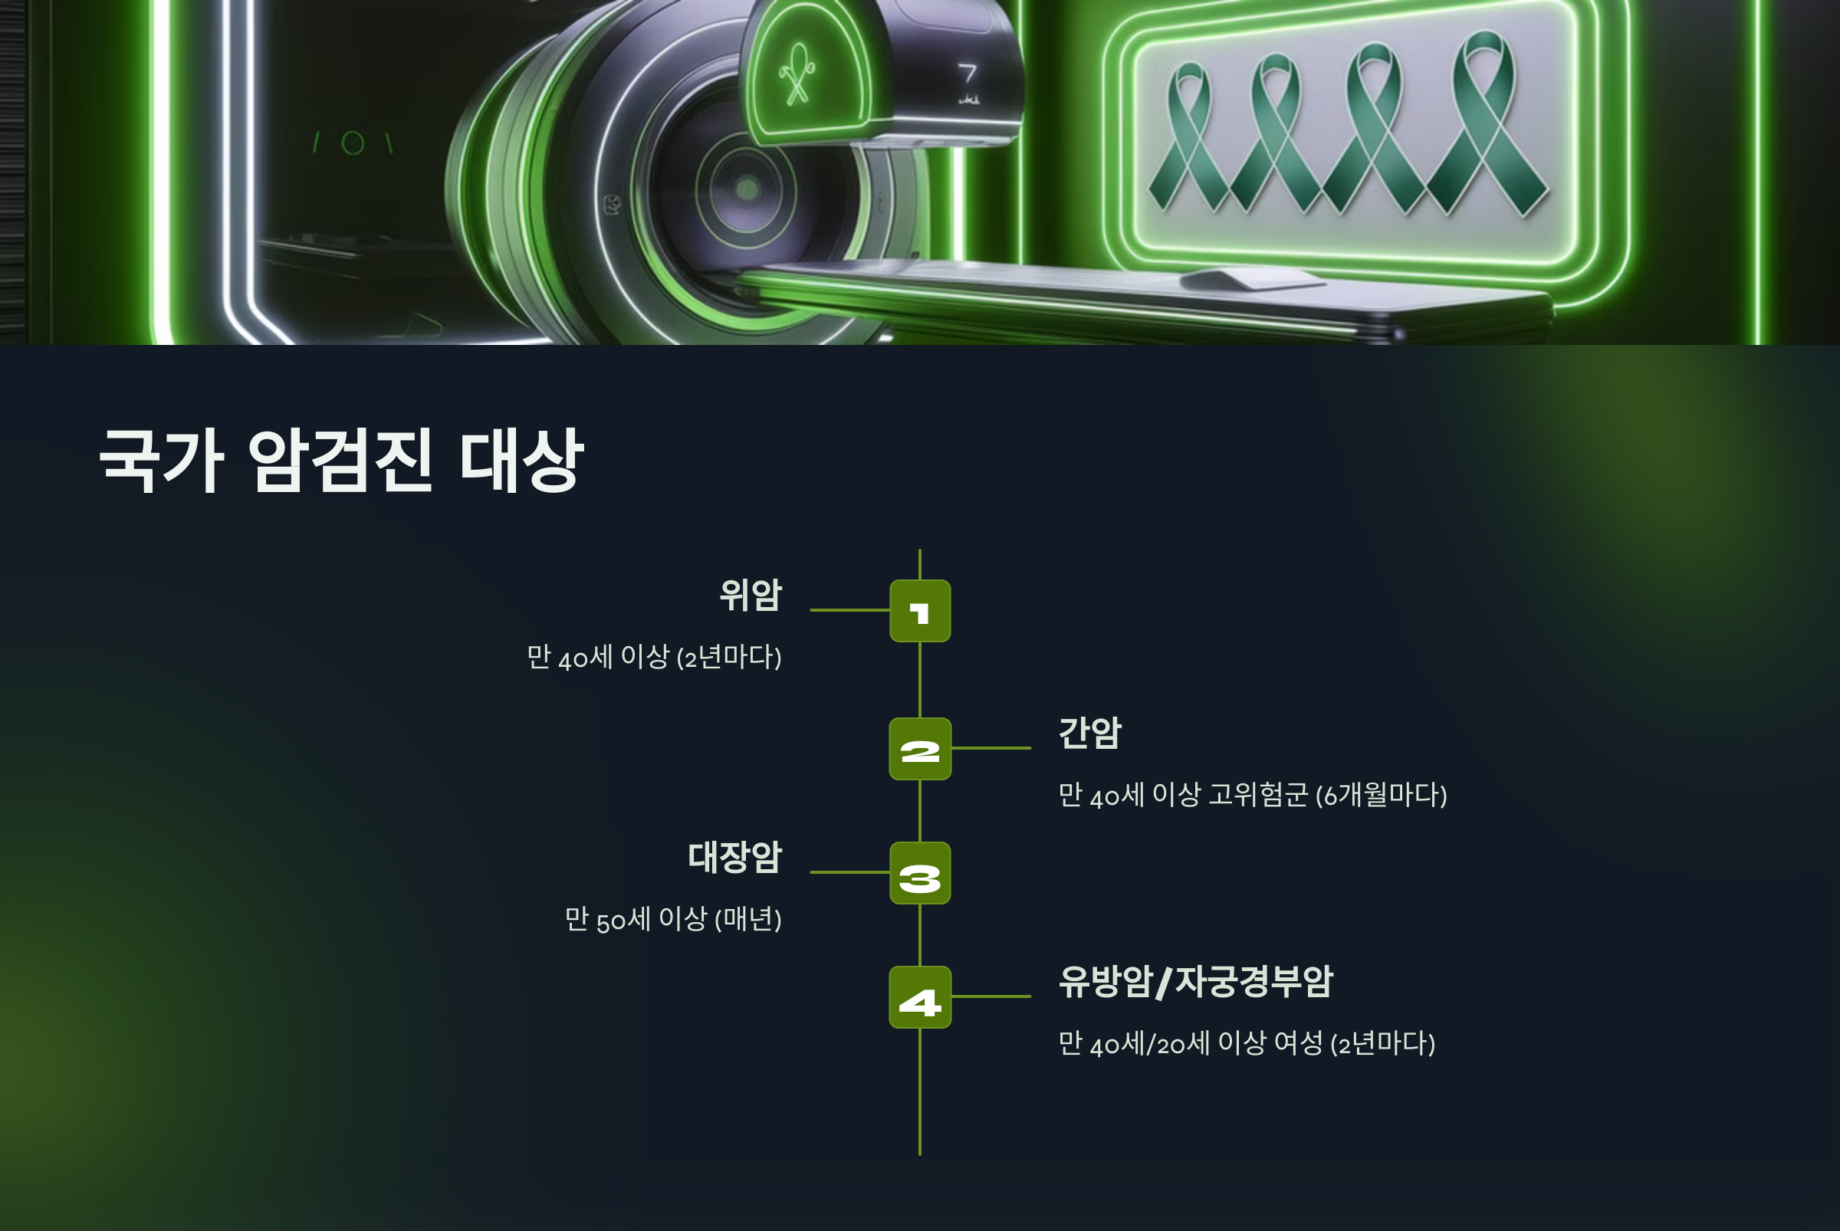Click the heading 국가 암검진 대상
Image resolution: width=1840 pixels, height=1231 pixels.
342,461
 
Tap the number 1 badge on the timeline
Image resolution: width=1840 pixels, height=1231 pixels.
919,611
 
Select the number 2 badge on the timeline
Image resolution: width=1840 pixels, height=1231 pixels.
919,749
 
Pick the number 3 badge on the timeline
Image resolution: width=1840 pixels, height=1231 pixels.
919,873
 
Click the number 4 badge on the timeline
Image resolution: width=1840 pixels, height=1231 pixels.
919,997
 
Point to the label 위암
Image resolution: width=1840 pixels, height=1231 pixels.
751,594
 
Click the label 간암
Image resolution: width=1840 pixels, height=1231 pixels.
1090,733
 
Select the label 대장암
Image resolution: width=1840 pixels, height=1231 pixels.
735,856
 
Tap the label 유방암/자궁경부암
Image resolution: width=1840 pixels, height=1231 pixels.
1195,980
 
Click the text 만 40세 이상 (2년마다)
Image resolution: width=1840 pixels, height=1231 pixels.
654,656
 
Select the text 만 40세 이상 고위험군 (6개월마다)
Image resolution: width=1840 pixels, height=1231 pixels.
1253,795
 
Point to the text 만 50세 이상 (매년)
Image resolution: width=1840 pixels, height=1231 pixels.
673,918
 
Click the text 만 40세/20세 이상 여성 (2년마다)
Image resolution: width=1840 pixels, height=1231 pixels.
1247,1042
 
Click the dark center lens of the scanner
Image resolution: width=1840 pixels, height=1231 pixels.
746,189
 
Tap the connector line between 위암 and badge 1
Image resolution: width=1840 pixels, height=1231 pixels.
849,610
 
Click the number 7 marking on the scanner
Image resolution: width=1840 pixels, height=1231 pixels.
968,75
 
